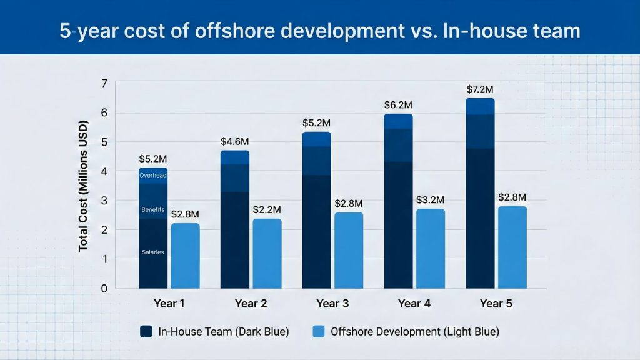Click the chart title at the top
click(320, 31)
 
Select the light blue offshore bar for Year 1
click(185, 256)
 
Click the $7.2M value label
click(480, 89)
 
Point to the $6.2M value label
click(397, 104)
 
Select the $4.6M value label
click(234, 141)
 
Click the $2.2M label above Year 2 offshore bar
click(267, 209)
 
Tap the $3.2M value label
click(430, 199)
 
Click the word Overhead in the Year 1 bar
click(152, 175)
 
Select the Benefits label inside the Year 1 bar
click(152, 209)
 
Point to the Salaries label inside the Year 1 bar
click(152, 252)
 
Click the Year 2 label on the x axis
click(251, 304)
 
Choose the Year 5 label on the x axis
click(496, 304)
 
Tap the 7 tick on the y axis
click(104, 84)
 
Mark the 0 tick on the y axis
click(104, 289)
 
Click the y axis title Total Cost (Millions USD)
click(83, 186)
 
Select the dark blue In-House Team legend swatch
click(146, 331)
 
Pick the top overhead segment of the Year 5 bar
click(480, 106)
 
